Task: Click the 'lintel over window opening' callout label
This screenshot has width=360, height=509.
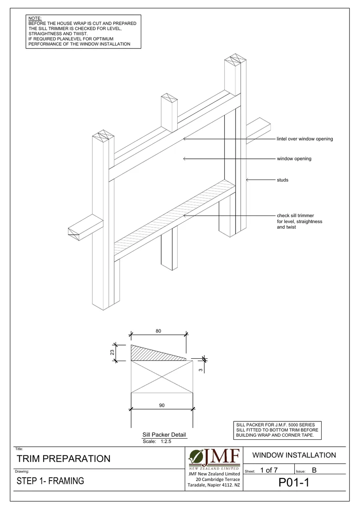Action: click(304, 139)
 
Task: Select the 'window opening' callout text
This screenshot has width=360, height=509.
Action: click(294, 159)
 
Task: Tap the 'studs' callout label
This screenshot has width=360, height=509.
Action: click(282, 180)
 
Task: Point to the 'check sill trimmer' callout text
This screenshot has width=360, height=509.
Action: click(295, 216)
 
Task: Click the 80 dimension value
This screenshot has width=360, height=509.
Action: click(158, 331)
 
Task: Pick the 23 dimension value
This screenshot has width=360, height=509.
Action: click(112, 352)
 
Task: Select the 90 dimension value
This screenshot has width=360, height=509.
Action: click(162, 405)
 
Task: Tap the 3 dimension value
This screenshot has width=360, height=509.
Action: click(200, 370)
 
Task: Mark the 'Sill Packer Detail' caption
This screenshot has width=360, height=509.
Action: click(164, 435)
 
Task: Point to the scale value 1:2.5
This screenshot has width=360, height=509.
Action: click(166, 441)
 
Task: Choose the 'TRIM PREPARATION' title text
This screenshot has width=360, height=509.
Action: click(64, 459)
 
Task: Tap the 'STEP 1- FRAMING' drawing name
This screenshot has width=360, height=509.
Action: click(50, 481)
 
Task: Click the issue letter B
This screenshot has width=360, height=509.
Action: click(314, 470)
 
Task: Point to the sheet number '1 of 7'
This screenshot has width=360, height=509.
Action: click(269, 470)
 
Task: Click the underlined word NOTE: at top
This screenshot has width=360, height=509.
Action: click(35, 18)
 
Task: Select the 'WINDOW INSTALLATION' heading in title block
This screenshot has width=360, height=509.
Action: click(294, 455)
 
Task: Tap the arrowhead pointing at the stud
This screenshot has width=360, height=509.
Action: click(248, 180)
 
